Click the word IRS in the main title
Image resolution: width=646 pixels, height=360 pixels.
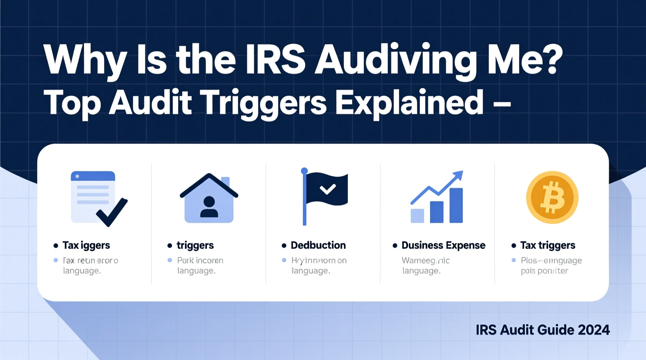coord(275,60)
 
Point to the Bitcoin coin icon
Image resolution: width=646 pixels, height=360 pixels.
coord(552,197)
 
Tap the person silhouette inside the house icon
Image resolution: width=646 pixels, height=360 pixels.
coord(209,207)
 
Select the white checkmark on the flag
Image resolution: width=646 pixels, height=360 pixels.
coord(328,189)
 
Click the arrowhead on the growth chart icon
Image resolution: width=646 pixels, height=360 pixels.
coord(458,175)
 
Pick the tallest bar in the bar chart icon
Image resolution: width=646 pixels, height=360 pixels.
coord(456,205)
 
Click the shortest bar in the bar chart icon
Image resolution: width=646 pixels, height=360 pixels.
coord(417,216)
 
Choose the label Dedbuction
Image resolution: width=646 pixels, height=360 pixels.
coord(318,245)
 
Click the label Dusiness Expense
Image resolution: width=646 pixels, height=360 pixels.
coord(443,245)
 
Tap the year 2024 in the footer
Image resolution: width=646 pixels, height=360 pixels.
coord(594,330)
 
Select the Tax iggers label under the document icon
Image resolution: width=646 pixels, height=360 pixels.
coord(86,245)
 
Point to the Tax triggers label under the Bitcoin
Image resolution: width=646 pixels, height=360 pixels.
coord(547,245)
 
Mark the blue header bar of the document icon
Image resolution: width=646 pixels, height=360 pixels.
coord(93,176)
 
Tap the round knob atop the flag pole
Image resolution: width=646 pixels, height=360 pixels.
coord(304,171)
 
